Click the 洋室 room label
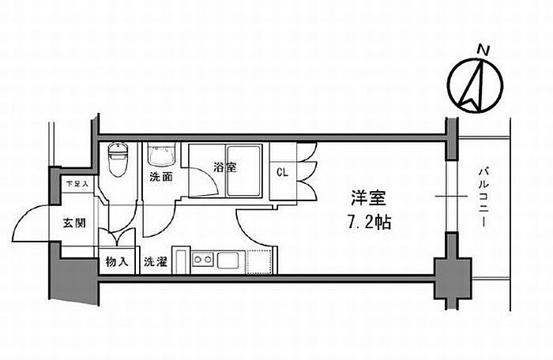(x=368, y=198)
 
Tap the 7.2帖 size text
(x=370, y=222)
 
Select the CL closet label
(x=282, y=172)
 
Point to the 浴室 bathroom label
(x=224, y=167)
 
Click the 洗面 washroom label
(x=161, y=177)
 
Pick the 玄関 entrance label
(x=74, y=223)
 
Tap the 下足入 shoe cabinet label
(x=77, y=184)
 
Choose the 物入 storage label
(x=116, y=262)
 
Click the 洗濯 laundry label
(x=155, y=262)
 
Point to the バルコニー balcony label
(x=483, y=197)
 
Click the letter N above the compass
(x=483, y=51)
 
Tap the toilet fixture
(x=117, y=159)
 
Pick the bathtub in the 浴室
(x=243, y=171)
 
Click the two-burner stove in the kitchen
(x=203, y=259)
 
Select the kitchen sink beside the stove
(x=228, y=261)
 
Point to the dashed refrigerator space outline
(x=260, y=261)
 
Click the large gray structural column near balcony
(x=453, y=279)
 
